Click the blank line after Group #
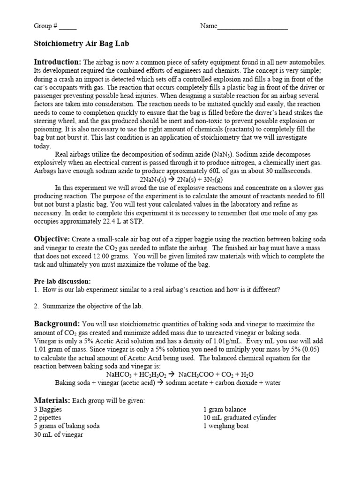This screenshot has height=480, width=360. tap(67, 27)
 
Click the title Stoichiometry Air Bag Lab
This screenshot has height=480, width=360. tap(81, 44)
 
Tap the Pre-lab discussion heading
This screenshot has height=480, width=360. tap(62, 281)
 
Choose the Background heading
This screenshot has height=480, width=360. tap(57, 324)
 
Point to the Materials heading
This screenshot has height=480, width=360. tap(51, 400)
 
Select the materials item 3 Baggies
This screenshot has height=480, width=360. tap(48, 409)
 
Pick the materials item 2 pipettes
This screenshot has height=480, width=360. tap(49, 418)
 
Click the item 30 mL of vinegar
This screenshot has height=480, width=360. tap(59, 435)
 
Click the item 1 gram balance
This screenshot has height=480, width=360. tap(225, 409)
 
